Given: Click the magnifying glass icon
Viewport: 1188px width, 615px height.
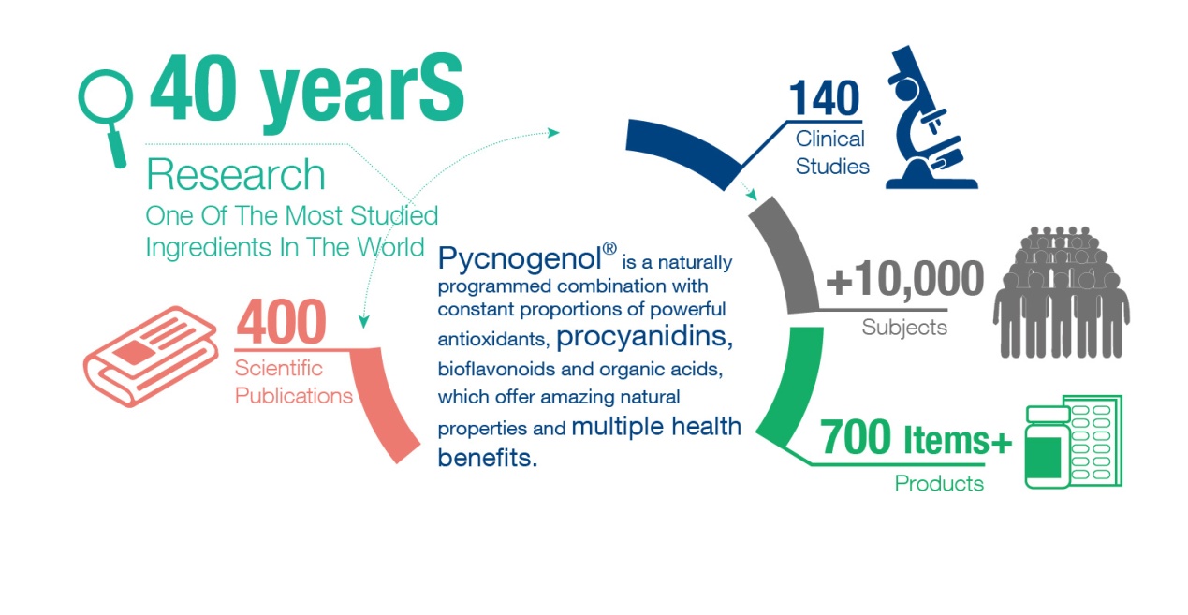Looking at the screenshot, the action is [x=106, y=118].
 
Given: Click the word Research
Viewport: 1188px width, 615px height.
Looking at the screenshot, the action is [x=236, y=174].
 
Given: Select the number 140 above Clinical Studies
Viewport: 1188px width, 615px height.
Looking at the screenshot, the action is [x=824, y=98].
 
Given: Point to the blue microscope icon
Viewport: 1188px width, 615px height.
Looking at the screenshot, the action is [x=930, y=118].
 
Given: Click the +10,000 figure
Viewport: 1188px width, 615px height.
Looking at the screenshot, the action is [x=904, y=278].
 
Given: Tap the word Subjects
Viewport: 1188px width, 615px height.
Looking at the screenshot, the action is [x=904, y=327].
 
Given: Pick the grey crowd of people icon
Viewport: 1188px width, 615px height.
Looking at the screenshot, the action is [x=1062, y=292].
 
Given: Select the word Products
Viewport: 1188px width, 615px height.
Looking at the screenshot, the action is [x=939, y=483].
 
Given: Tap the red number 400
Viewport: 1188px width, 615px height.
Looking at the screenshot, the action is [x=281, y=321].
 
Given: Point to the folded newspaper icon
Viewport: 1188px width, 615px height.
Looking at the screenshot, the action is [x=151, y=357].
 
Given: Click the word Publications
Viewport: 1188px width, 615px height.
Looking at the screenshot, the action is [x=294, y=396].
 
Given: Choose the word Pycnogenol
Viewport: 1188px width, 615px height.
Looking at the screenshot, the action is [x=520, y=258].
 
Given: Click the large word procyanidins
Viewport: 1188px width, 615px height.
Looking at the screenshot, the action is [x=644, y=337].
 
